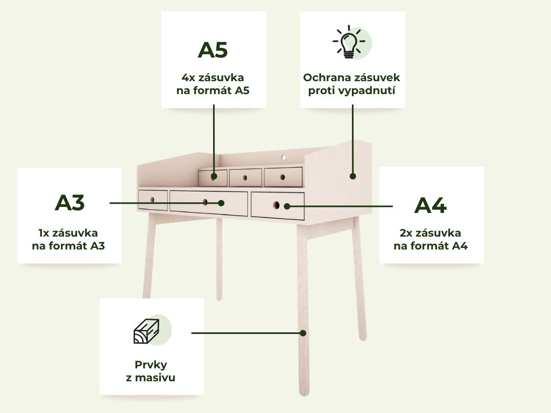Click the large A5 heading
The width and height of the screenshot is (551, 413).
[x=213, y=50]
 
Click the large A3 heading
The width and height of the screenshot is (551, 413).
[x=69, y=203]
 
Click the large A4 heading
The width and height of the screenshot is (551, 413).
[x=430, y=205]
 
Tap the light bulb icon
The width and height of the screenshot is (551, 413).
[x=349, y=41]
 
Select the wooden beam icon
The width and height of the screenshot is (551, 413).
[x=146, y=331]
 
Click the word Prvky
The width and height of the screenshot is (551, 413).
[x=151, y=365]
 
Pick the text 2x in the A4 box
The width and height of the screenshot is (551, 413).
[x=406, y=233]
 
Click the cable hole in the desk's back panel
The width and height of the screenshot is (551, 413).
[x=284, y=158]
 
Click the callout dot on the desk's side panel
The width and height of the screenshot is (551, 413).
[x=353, y=176]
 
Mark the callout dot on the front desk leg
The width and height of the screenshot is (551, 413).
[x=303, y=333]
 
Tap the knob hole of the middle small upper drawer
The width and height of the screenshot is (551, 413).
[x=245, y=177]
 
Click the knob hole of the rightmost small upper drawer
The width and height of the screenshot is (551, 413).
[x=282, y=177]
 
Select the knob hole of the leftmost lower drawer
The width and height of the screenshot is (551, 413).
[x=152, y=200]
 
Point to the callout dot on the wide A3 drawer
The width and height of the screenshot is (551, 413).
[x=221, y=203]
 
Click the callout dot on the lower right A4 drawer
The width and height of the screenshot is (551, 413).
[x=287, y=206]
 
